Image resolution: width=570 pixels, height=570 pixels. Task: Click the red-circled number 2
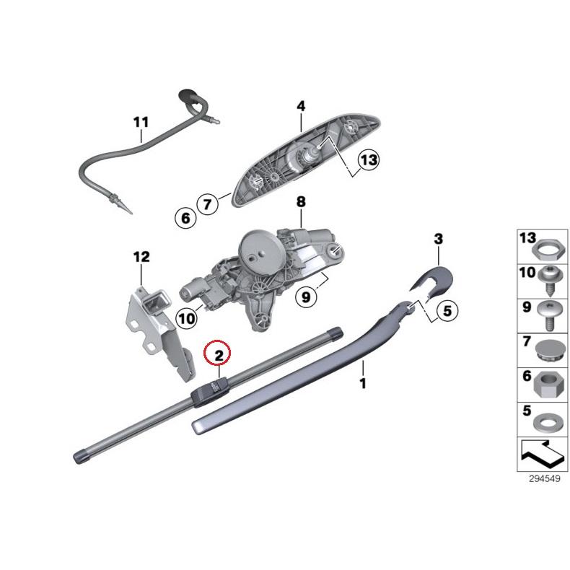pos(217,353)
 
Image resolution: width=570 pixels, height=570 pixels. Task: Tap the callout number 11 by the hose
pos(140,121)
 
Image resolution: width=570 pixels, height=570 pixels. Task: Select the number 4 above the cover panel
pos(301,106)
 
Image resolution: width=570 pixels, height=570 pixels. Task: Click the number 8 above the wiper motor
pos(301,201)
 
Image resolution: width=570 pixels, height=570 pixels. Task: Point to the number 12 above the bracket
pos(141,256)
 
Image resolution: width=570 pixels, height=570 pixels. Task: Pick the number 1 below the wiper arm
pos(362,384)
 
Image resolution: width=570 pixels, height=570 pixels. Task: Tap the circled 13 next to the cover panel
pos(368,161)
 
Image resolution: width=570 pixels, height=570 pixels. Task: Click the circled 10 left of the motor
pos(186,317)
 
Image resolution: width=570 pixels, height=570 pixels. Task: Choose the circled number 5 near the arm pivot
pos(445,312)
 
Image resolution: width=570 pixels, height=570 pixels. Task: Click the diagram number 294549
pos(543,478)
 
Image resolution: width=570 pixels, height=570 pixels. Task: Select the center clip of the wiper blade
pos(209,390)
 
